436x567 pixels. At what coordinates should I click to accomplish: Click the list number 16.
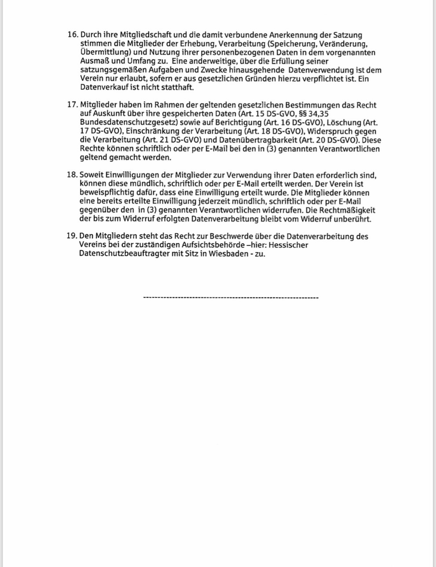72,35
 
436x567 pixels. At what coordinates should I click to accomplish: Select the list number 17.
72,105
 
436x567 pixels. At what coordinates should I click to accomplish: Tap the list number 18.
72,175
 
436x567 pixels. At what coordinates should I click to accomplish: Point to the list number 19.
72,236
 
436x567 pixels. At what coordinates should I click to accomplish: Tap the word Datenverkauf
102,88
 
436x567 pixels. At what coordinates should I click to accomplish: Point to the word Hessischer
289,245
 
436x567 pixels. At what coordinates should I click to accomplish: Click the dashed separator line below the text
231,298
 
